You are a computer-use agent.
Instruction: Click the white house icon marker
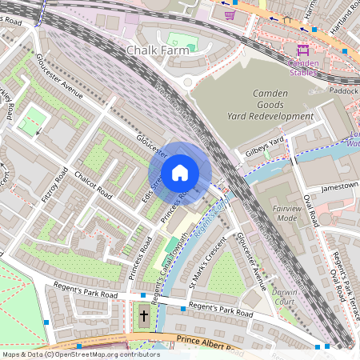pyautogui.click(x=180, y=172)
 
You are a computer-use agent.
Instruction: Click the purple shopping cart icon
pyautogui.click(x=230, y=14)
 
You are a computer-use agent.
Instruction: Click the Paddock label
pyautogui.click(x=344, y=90)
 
